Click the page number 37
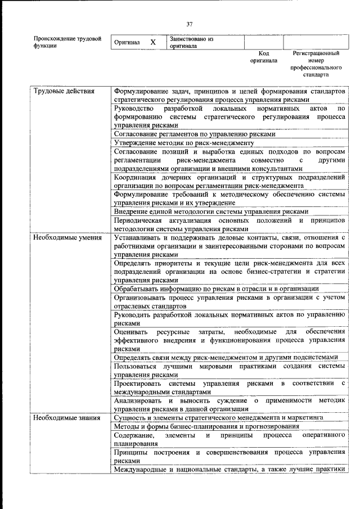pyautogui.click(x=190, y=24)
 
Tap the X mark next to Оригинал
pyautogui.click(x=153, y=42)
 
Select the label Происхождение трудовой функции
pyautogui.click(x=67, y=42)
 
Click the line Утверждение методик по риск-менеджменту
pyautogui.click(x=184, y=143)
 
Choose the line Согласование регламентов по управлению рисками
pyautogui.click(x=194, y=134)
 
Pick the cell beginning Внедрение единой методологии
pyautogui.click(x=210, y=211)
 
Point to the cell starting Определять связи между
pyautogui.click(x=226, y=357)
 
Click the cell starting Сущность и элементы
pyautogui.click(x=218, y=418)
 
